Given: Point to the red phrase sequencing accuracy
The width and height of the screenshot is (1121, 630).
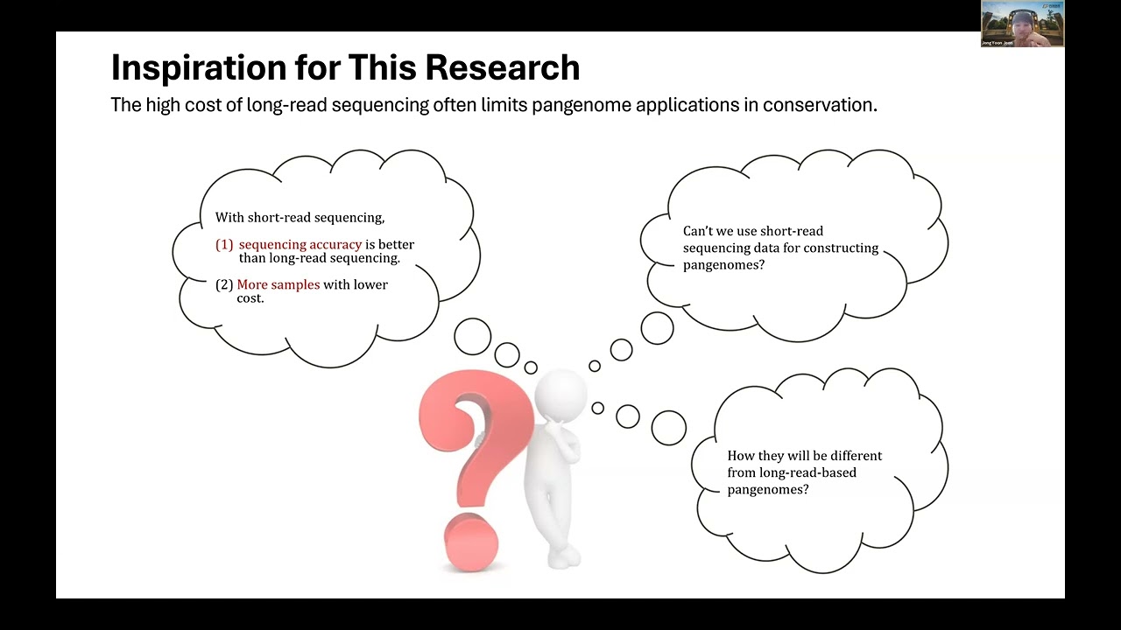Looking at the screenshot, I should tap(300, 245).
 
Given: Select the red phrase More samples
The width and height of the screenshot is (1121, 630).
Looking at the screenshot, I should tap(278, 285).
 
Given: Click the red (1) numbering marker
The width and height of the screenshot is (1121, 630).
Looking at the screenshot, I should tap(224, 245).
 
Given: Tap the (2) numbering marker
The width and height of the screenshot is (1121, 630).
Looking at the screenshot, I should tap(224, 285).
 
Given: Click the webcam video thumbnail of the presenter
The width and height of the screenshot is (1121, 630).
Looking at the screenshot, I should tap(1022, 24).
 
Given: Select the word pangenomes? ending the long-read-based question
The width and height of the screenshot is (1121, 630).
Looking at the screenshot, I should tap(768, 489).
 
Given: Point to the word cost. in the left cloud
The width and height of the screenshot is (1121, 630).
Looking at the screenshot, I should tap(250, 298).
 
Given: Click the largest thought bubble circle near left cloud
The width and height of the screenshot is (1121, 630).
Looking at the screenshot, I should tap(473, 337).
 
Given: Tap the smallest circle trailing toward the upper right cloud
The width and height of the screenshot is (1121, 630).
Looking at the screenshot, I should tap(595, 366).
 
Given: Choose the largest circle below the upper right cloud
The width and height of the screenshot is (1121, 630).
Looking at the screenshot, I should tap(657, 328).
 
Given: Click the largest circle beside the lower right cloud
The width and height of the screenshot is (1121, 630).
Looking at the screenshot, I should tap(668, 427).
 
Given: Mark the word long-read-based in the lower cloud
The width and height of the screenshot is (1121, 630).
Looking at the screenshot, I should tap(792, 472).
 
